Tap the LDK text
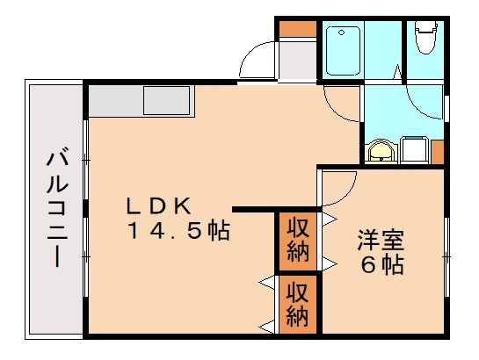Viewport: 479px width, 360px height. coord(159,207)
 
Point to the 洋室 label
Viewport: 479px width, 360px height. coord(380,238)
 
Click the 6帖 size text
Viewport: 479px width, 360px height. coord(380,263)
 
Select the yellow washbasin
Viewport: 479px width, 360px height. coord(381,152)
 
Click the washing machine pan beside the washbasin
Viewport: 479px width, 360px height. coord(413,150)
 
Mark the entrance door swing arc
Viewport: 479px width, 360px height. coord(256,61)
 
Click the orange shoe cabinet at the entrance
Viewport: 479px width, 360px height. coord(297,27)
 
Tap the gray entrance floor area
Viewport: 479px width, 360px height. coord(297,61)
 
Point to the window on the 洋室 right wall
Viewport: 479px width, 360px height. coord(446,255)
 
